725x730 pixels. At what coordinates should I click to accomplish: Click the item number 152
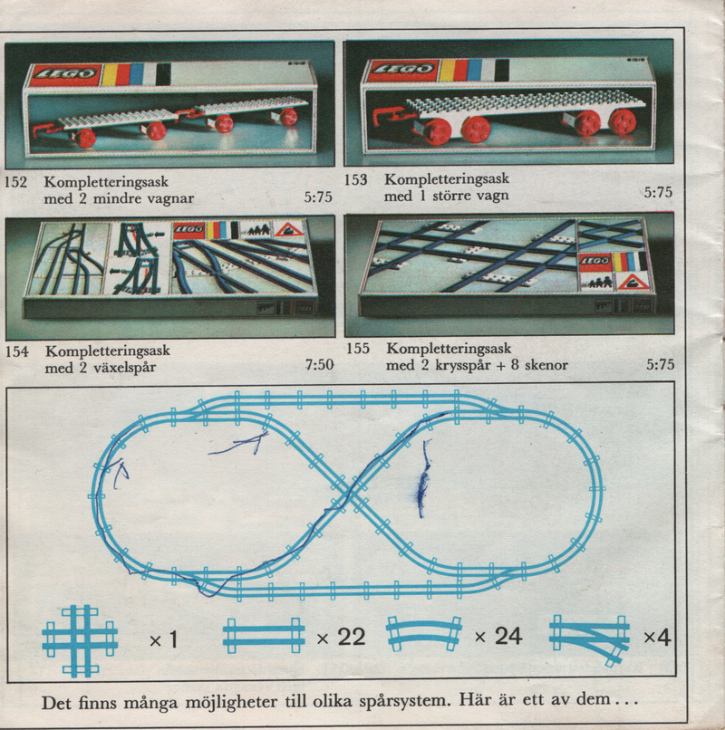(x=15, y=181)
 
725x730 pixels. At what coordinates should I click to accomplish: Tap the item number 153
(x=356, y=179)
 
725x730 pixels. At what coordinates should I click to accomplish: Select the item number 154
(x=17, y=351)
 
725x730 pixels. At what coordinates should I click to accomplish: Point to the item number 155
(x=358, y=348)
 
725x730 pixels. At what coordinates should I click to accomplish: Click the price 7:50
(x=320, y=364)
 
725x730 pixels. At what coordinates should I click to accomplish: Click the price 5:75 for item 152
(x=318, y=197)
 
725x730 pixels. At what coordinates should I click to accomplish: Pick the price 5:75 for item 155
(x=661, y=364)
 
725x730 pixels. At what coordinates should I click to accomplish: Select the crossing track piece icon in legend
(x=80, y=640)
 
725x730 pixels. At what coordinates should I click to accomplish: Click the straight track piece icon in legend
(x=264, y=635)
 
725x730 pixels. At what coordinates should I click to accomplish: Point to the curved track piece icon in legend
(x=424, y=632)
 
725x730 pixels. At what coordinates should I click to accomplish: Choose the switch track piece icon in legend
(x=590, y=638)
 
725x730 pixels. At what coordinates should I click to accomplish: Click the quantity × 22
(x=341, y=638)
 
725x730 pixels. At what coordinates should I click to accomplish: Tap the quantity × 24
(x=498, y=636)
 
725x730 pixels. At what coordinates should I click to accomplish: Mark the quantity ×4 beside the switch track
(x=657, y=638)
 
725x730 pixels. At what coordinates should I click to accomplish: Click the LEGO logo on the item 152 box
(x=65, y=74)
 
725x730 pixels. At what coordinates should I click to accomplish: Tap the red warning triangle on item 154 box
(x=289, y=229)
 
